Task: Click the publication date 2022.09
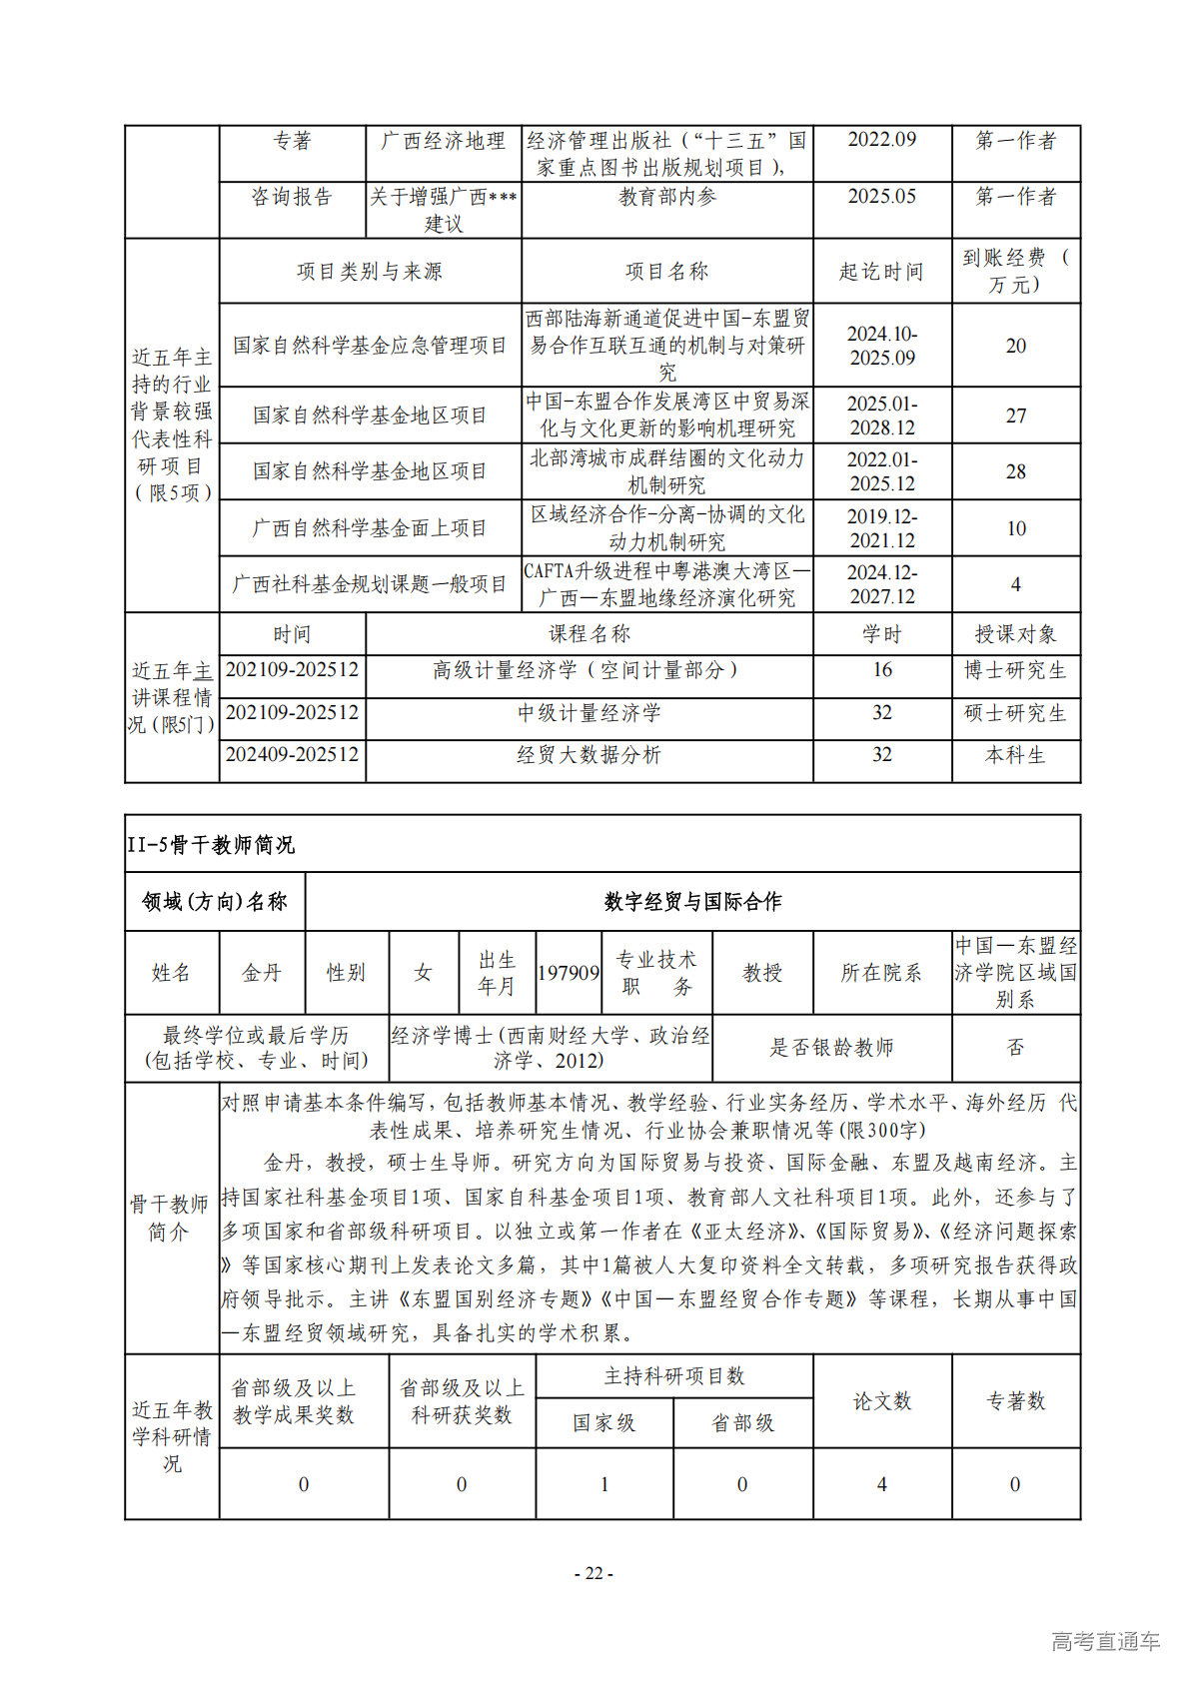tap(881, 140)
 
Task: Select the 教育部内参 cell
tap(666, 197)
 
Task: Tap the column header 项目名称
tap(666, 271)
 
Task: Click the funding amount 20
tap(1015, 346)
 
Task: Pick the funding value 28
tap(1015, 471)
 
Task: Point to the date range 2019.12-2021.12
tap(881, 528)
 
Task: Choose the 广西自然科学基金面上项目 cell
tap(370, 528)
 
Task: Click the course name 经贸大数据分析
tap(589, 755)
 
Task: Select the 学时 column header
tap(881, 634)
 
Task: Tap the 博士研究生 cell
tap(1015, 670)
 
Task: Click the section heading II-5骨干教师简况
tap(211, 845)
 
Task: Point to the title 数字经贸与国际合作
tap(692, 902)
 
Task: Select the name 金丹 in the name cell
tap(262, 973)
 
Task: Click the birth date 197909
tap(569, 973)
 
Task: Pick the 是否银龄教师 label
tap(831, 1047)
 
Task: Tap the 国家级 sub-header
tap(603, 1422)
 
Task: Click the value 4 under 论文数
tap(881, 1484)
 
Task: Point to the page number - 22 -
tap(594, 1573)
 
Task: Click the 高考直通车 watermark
tap(1105, 1640)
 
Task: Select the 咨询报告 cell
tap(292, 197)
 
